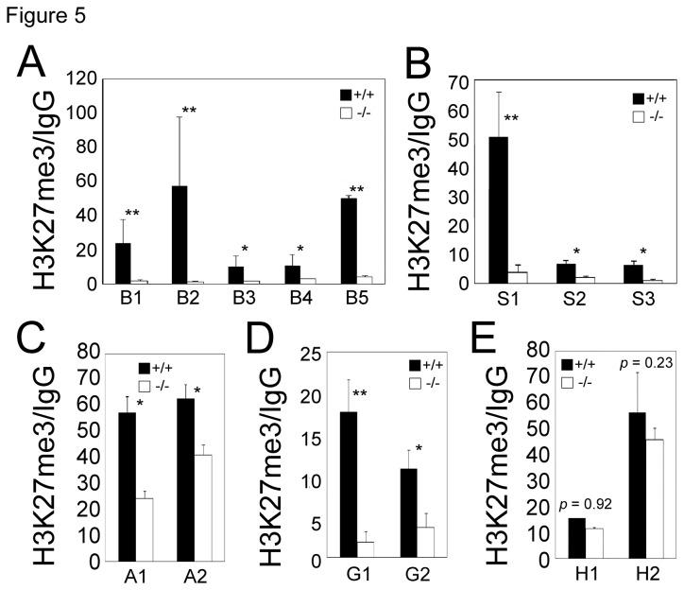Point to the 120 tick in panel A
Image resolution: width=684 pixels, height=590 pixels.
(83, 76)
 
